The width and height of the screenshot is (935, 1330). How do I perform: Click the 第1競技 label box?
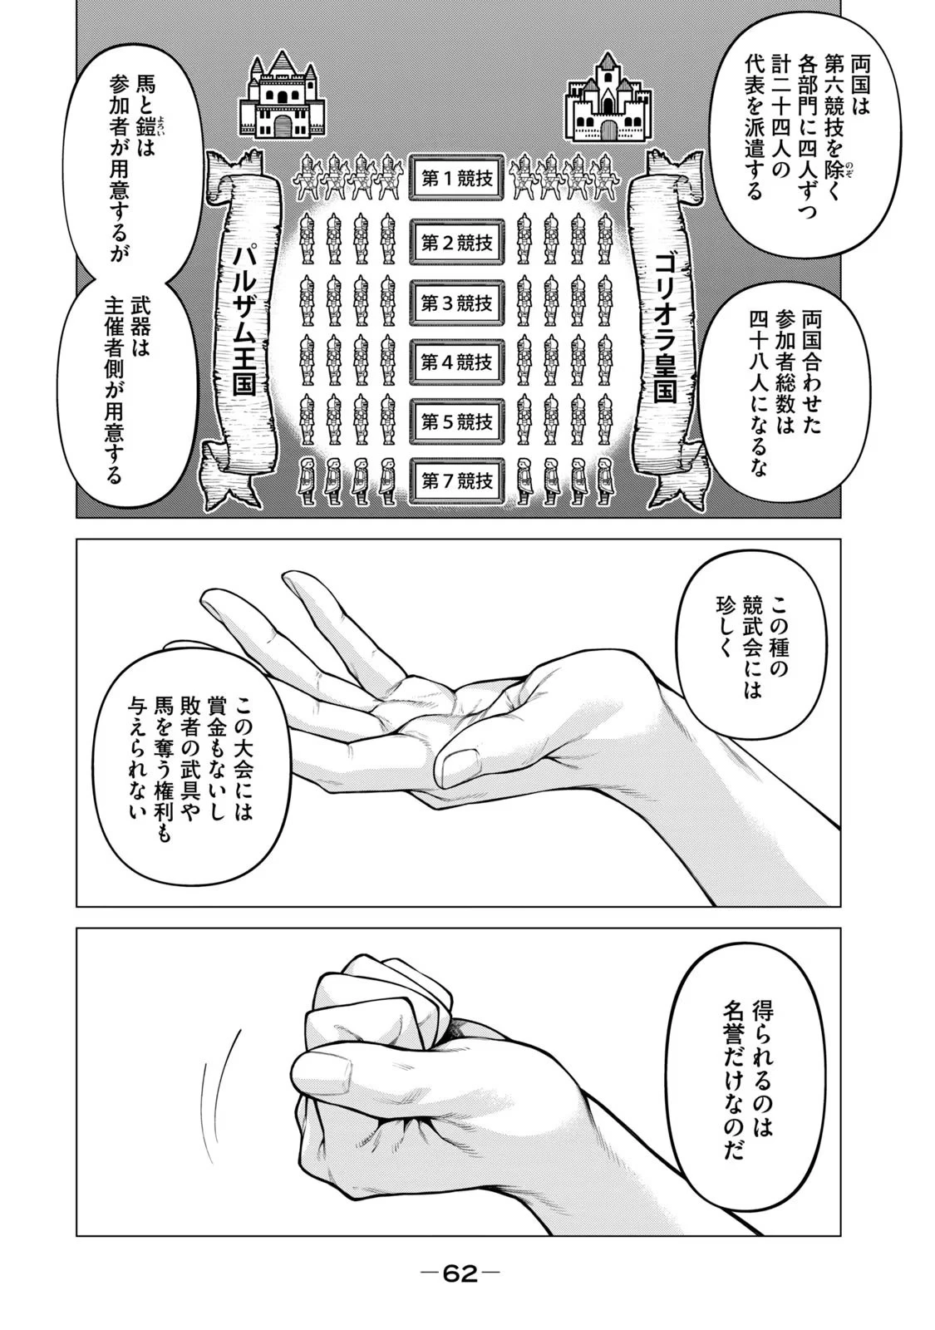pos(457,180)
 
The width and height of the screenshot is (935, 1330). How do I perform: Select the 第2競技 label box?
pos(457,243)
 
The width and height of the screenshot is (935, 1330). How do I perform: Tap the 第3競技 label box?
pos(457,303)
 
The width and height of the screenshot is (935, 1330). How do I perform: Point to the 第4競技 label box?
pos(457,362)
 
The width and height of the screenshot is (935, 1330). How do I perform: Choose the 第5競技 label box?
pos(457,421)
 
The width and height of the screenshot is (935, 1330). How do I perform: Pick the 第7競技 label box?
pos(457,480)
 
